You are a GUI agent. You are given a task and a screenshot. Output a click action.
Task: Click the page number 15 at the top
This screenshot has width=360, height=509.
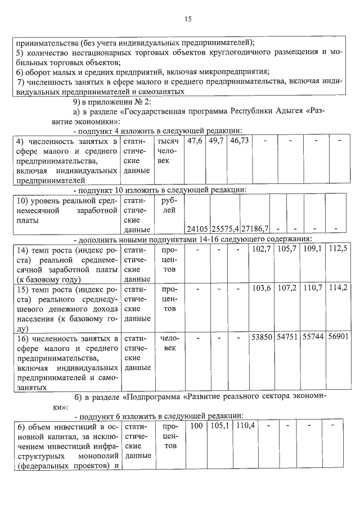[188, 19]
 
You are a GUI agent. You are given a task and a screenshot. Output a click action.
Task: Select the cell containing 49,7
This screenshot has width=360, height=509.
[216, 140]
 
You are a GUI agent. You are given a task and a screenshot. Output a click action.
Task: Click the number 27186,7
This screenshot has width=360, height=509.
[255, 229]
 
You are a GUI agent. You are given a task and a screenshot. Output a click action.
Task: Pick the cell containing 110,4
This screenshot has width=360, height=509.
[246, 426]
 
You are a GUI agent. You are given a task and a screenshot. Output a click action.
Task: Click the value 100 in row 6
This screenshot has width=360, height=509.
[196, 426]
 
